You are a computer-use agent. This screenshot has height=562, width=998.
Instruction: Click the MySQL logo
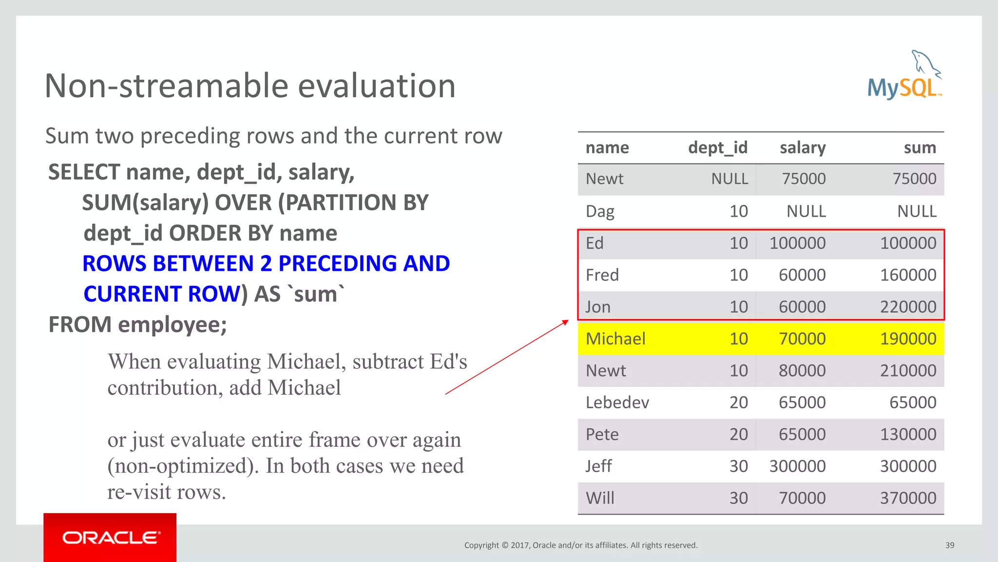click(x=904, y=78)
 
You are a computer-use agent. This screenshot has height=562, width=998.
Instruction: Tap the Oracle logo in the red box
click(x=110, y=538)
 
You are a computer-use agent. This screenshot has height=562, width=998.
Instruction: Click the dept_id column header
click(x=717, y=148)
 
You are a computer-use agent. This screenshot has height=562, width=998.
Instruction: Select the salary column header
click(x=802, y=148)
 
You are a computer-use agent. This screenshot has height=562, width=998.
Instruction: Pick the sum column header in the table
click(x=920, y=148)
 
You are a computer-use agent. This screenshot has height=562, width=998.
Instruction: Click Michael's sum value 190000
click(x=907, y=339)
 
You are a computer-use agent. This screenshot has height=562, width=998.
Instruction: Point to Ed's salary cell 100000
click(x=797, y=243)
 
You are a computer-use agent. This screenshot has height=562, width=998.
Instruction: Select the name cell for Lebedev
click(x=617, y=402)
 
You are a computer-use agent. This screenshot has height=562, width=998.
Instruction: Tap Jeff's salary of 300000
click(x=797, y=466)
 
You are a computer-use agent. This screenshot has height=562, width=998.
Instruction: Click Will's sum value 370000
click(x=907, y=498)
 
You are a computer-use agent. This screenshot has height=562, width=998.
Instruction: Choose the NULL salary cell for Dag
click(x=806, y=211)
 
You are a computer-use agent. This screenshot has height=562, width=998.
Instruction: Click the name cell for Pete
click(x=602, y=435)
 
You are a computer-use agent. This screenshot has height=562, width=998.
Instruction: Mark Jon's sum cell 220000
click(x=907, y=307)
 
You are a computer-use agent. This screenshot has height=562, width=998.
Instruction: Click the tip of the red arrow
click(x=568, y=321)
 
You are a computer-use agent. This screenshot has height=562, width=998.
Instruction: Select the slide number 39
click(x=950, y=545)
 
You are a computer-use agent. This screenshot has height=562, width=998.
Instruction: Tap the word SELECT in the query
click(x=84, y=172)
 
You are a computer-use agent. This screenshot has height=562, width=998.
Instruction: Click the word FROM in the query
click(x=80, y=324)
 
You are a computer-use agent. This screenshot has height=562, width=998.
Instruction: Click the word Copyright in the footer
click(x=481, y=545)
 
